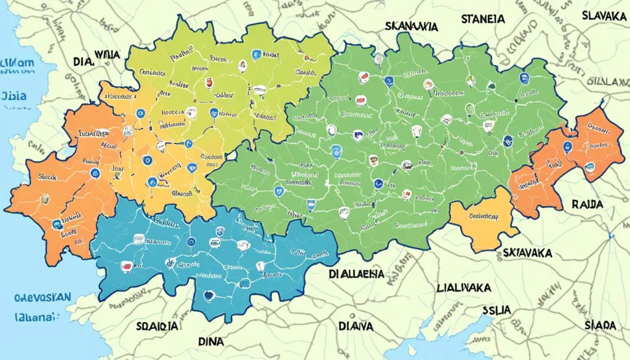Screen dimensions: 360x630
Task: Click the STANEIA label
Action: (483, 19)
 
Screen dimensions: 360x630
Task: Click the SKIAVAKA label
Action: (527, 253)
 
